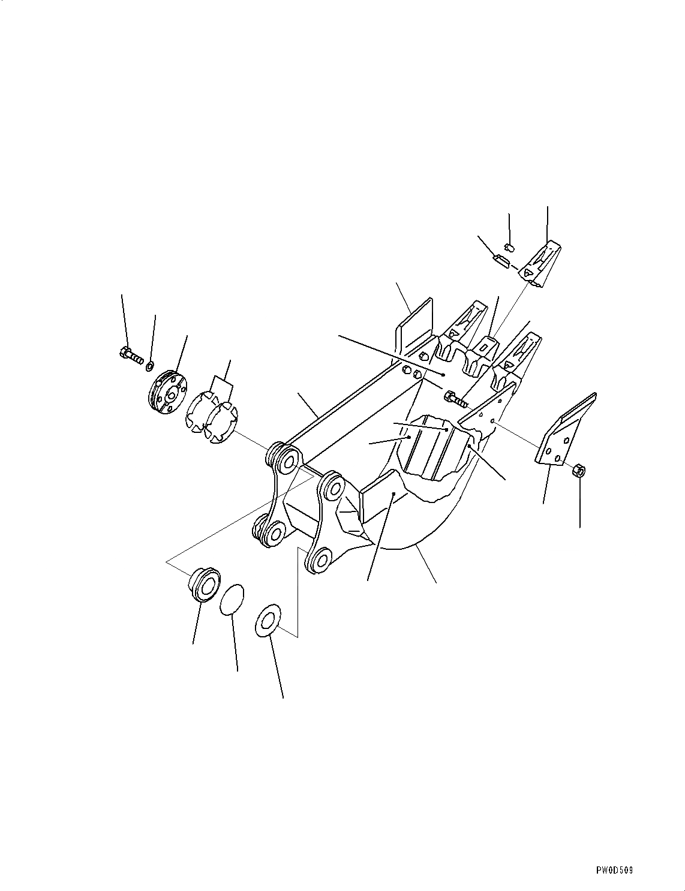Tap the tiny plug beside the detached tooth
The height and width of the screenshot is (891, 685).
tap(509, 247)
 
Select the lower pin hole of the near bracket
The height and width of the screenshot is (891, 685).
tap(322, 559)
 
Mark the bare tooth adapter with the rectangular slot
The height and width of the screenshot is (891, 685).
tap(486, 347)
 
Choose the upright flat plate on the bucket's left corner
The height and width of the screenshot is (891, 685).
tap(414, 327)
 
